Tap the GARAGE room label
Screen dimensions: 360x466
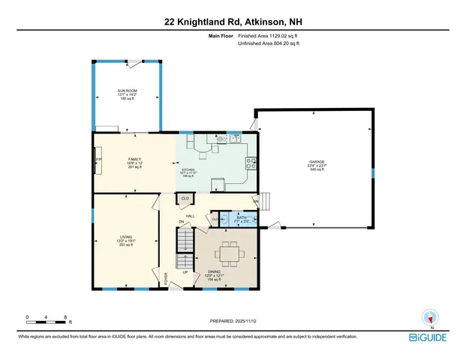316,161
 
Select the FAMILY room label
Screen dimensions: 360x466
135,159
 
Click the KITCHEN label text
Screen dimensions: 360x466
188,169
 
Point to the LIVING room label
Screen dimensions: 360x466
125,237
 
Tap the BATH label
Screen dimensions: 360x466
241,217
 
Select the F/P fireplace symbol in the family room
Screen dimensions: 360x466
98,160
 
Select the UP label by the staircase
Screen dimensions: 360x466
185,272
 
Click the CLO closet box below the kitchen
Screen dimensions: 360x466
184,198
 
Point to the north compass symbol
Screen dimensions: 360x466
430,317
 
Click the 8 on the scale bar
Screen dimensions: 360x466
66,318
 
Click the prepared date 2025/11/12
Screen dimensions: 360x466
233,321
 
